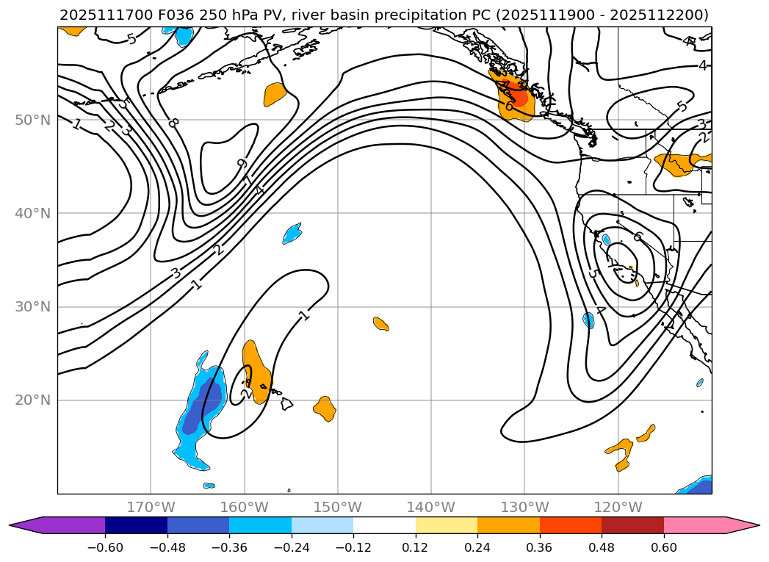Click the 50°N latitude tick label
[32, 120]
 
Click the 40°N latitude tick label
[32, 213]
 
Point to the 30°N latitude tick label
[32, 306]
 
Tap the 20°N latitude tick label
[32, 400]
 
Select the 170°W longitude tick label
[151, 507]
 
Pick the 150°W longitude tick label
[338, 507]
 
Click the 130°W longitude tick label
[524, 507]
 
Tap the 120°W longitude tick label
[618, 507]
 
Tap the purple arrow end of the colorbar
[26, 525]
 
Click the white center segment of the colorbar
[384, 525]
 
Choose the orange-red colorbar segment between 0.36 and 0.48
[571, 525]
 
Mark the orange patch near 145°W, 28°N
[380, 323]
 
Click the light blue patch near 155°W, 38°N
[292, 234]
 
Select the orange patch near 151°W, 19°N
[325, 408]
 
